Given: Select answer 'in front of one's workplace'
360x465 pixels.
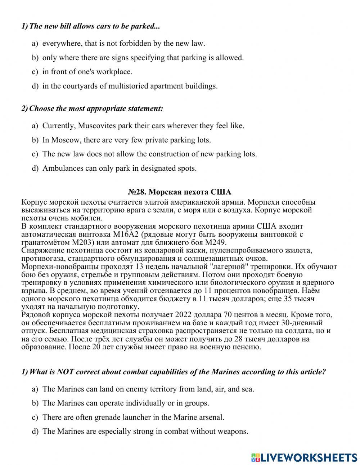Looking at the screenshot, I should click(87, 72).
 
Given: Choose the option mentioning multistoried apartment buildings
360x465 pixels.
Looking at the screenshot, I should click(130, 86).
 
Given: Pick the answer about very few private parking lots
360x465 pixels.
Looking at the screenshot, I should click(126, 140).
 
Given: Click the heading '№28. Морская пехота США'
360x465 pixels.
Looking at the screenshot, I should click(180, 192).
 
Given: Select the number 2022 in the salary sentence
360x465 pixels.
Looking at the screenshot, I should click(187, 315).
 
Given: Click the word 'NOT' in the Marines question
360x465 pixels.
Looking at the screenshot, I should click(65, 372).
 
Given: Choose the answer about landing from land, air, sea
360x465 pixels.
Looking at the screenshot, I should click(148, 389).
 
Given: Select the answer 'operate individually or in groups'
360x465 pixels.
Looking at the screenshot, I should click(126, 403).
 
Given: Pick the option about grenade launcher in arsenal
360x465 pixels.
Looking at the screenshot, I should click(133, 417).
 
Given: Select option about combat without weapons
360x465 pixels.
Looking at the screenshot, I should click(145, 432).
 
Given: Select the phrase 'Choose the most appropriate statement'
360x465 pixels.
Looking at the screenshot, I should click(96, 108).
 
